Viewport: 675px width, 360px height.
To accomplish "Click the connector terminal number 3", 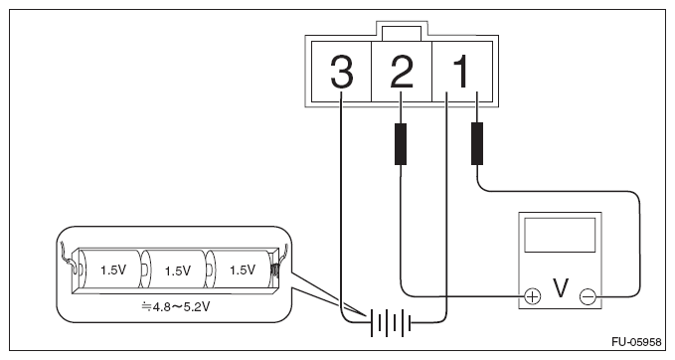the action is tap(342, 72).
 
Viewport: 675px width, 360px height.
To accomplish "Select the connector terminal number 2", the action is tap(402, 72).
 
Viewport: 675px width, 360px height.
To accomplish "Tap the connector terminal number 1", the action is tap(461, 72).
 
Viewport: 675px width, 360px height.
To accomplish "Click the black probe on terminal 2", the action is tap(401, 144).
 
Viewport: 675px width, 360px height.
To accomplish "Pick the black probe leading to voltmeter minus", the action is tap(477, 144).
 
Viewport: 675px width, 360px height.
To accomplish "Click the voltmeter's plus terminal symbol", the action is tap(533, 296).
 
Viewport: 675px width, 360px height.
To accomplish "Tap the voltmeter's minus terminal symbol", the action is tap(588, 296).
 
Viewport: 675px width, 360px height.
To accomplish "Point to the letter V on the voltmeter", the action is tap(560, 288).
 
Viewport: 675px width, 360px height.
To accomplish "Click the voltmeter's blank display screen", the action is tap(560, 235).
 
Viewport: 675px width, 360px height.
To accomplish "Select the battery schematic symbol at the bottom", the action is tap(390, 322).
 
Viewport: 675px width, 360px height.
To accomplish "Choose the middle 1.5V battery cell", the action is tap(177, 270).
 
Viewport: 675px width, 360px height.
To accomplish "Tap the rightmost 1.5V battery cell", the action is tap(242, 270).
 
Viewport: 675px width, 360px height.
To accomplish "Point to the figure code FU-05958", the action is tap(636, 342).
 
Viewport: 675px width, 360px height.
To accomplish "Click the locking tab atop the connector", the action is tap(402, 33).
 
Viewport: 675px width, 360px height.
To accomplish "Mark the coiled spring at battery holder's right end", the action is tap(274, 271).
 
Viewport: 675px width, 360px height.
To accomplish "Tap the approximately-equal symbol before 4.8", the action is tap(145, 306).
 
